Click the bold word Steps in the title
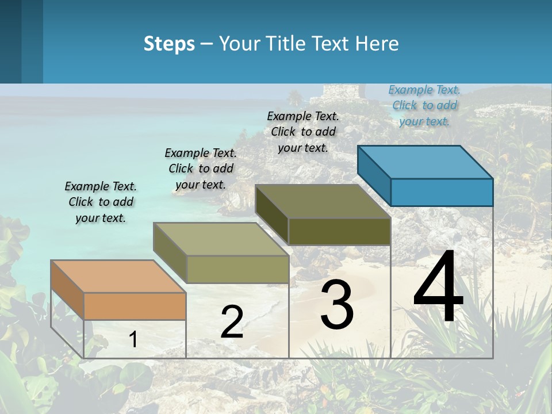tap(169, 44)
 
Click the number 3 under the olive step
tap(336, 305)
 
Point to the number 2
tap(232, 322)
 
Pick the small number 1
tap(133, 339)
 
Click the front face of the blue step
tap(442, 192)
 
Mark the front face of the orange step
tap(135, 306)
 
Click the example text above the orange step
tap(101, 202)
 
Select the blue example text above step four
tap(424, 105)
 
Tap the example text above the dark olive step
tap(303, 132)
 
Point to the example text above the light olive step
tap(201, 168)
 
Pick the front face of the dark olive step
tap(339, 231)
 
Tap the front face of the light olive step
tap(237, 269)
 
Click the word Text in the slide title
tap(332, 44)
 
